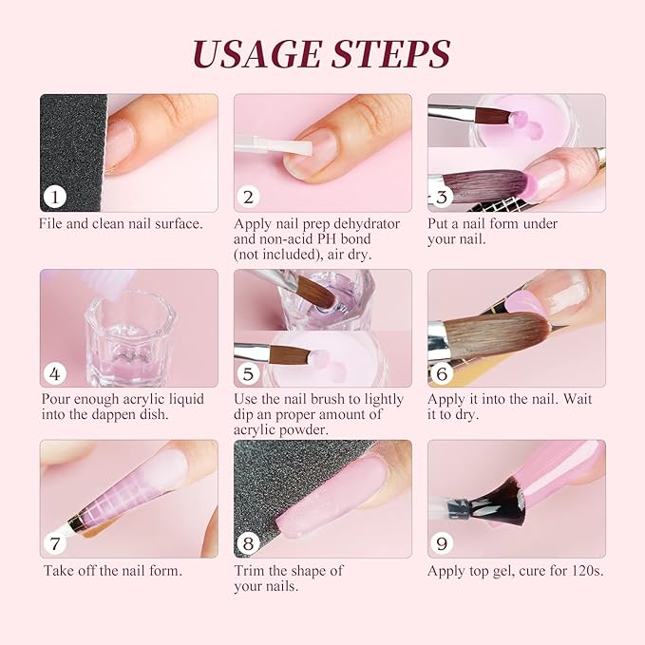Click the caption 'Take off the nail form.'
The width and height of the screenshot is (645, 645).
pyautogui.click(x=113, y=571)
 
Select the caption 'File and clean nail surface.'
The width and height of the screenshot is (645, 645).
pyautogui.click(x=121, y=224)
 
